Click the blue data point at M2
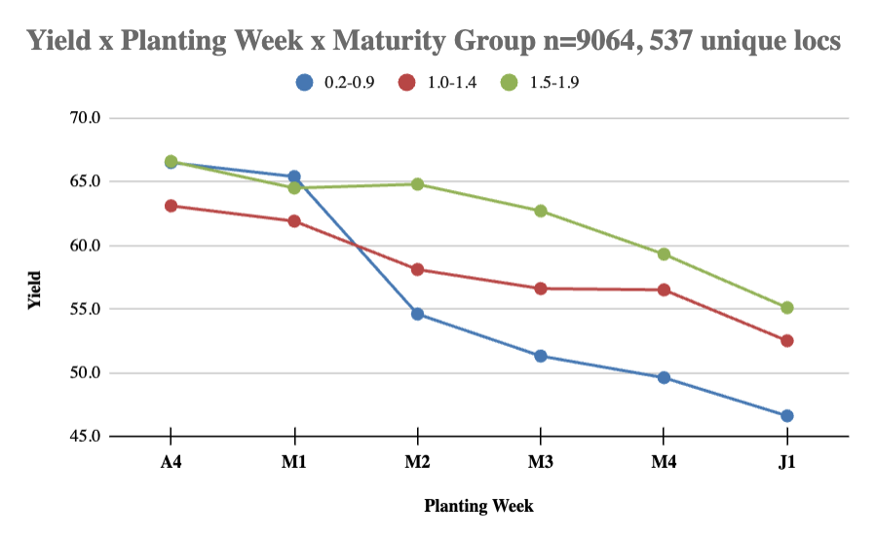tap(417, 314)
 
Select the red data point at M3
tap(540, 289)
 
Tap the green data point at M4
tap(664, 254)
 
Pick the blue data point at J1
tap(787, 416)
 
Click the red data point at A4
tap(171, 206)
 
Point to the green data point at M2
tap(417, 184)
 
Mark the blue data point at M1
tap(294, 177)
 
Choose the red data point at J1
tap(787, 340)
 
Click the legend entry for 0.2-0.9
tap(335, 83)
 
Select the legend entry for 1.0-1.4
tap(437, 83)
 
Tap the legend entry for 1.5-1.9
tap(540, 83)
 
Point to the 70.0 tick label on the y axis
tap(85, 118)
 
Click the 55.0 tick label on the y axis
tap(85, 309)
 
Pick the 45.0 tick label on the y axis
tap(85, 436)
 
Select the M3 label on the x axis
tap(540, 462)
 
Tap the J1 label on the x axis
tap(787, 462)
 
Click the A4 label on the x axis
tap(171, 462)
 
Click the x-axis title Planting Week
tap(478, 506)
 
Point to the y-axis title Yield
tap(35, 290)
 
